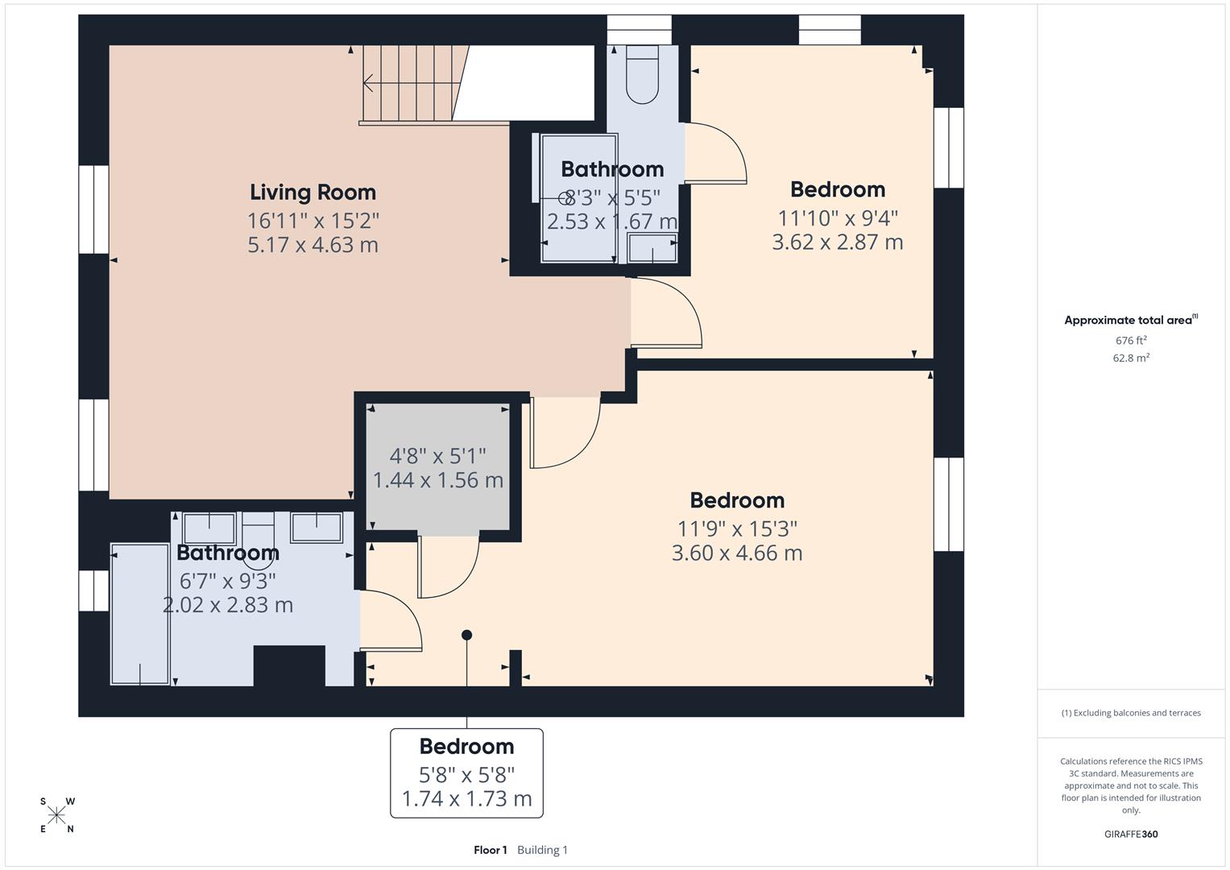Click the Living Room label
pos(313,193)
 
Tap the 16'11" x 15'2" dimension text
pos(313,219)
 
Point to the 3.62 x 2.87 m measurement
pos(837,242)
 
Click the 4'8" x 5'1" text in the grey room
pos(437,456)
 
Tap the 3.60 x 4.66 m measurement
pos(736,553)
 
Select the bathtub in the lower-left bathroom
pos(140,614)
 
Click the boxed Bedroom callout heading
pos(466,746)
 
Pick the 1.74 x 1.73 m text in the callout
pos(466,799)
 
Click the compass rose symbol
pos(56,815)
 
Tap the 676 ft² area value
pos(1131,341)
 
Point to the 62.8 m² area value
pos(1131,358)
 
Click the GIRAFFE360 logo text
pos(1131,835)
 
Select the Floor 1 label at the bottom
pos(490,850)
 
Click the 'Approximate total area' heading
pos(1128,321)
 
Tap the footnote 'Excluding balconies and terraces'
pos(1131,713)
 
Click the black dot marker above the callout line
pos(466,635)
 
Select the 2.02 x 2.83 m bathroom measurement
pos(228,605)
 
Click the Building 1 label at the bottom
pos(542,850)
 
